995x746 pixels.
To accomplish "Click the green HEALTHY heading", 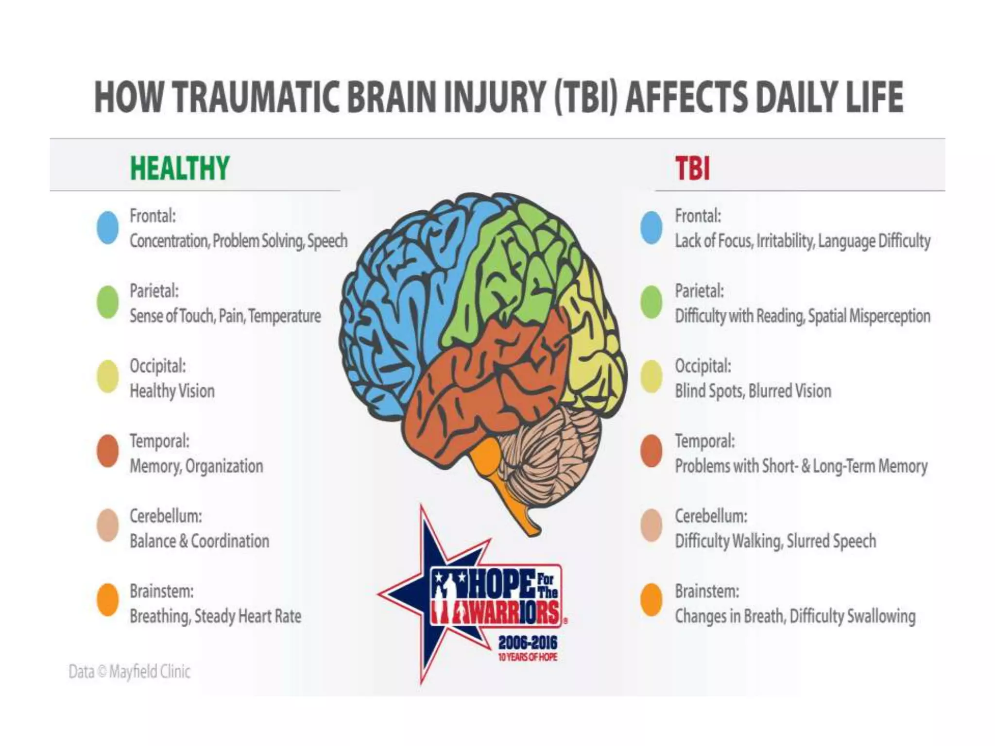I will pos(179,168).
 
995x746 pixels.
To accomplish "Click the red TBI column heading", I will pos(692,169).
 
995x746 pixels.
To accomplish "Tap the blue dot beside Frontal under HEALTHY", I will pos(108,227).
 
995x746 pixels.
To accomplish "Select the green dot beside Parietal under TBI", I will pos(651,302).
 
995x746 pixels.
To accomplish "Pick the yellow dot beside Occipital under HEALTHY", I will pos(108,376).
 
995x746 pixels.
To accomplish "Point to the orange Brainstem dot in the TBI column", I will pos(651,600).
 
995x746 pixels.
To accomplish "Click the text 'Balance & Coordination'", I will pos(199,541).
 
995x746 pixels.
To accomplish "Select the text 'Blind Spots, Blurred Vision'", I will pos(753,391).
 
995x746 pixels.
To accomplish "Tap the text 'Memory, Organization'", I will pos(196,466).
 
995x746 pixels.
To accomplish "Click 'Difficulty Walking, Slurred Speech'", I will pos(775,541).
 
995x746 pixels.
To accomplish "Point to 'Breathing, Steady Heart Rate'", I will pos(215,616).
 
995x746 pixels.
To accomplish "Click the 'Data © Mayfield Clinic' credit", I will pos(129,672).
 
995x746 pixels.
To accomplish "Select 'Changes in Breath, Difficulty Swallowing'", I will pos(795,616).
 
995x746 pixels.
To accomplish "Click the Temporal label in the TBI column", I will pos(704,441).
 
